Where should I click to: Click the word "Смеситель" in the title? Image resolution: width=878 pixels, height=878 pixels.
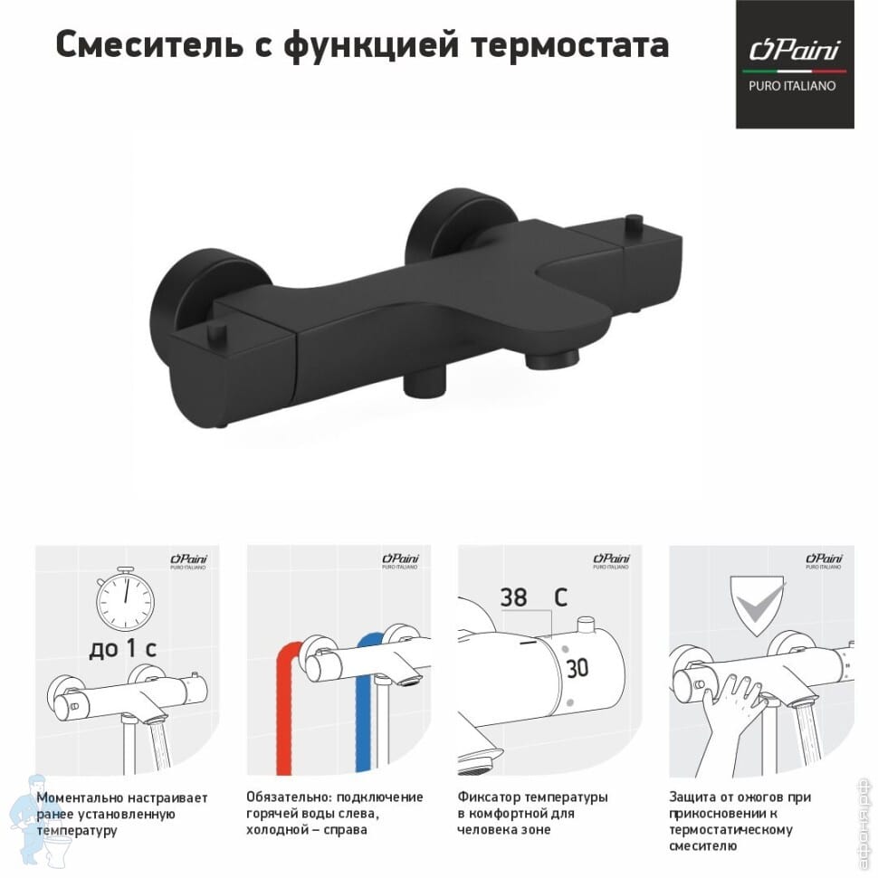tap(149, 44)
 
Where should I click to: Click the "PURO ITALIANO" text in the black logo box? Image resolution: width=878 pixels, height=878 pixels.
tap(792, 86)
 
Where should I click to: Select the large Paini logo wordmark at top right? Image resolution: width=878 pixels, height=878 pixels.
tap(794, 50)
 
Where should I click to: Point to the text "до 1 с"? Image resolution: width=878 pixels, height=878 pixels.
tap(122, 648)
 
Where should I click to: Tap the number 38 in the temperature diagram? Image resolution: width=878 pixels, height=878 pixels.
tap(513, 597)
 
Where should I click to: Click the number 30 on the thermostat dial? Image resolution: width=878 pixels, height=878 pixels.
tap(577, 668)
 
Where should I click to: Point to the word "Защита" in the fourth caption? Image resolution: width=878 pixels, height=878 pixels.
tap(692, 797)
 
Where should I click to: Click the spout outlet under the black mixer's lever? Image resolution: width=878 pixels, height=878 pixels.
tap(552, 358)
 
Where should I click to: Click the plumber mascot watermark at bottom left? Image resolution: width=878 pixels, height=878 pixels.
tap(37, 820)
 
